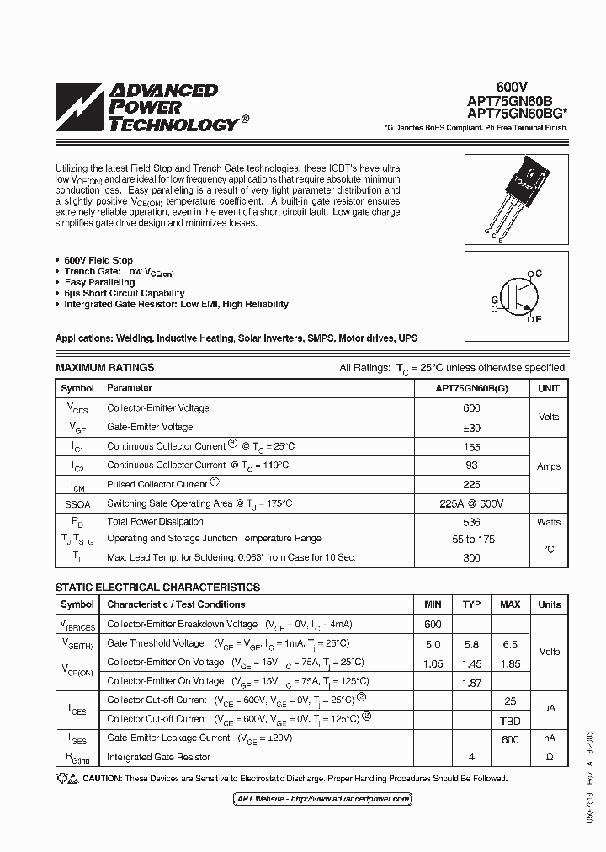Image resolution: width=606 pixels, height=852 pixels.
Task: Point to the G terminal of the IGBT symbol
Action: [x=494, y=301]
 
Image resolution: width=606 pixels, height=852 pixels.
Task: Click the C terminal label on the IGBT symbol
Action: [x=539, y=274]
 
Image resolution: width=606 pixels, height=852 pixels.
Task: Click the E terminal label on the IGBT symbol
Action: [x=539, y=320]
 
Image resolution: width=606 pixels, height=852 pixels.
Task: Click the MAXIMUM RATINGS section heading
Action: [x=105, y=368]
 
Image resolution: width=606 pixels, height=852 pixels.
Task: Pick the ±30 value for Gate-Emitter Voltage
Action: [x=471, y=428]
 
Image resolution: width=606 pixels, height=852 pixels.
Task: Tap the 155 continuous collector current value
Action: [x=471, y=447]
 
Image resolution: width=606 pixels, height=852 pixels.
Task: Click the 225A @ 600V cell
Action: [x=471, y=503]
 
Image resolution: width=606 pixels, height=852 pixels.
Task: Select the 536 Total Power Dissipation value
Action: [x=471, y=522]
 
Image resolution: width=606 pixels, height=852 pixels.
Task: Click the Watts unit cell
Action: [x=548, y=522]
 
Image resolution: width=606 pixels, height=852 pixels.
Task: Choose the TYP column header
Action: [x=471, y=604]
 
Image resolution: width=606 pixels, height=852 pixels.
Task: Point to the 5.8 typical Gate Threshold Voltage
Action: [x=471, y=644]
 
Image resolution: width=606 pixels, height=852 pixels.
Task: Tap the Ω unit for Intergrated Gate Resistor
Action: [x=549, y=757]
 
